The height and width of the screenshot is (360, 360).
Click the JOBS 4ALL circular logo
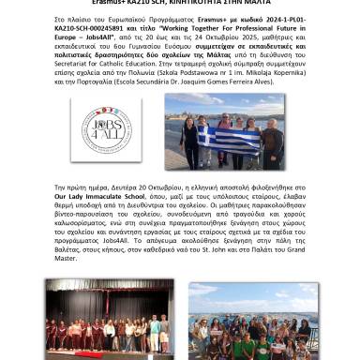point(106,128)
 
